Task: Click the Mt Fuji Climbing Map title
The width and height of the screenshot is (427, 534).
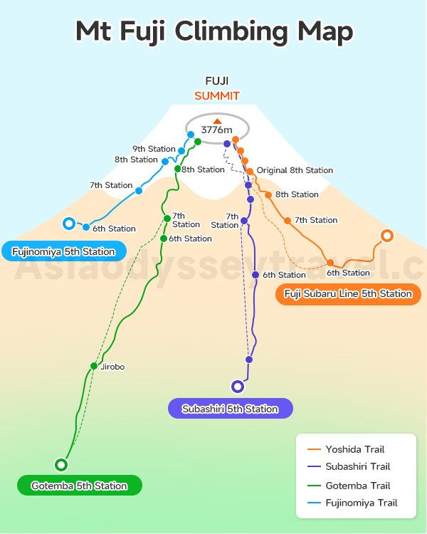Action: click(213, 32)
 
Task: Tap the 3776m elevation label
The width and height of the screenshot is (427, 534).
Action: click(217, 130)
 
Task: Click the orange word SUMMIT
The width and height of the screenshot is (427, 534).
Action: click(217, 95)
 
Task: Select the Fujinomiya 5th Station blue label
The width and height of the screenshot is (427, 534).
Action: click(63, 251)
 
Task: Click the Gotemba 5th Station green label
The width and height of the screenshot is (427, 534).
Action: click(79, 486)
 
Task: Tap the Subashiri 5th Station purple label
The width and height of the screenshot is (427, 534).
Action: click(230, 409)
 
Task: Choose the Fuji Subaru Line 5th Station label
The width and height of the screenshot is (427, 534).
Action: click(348, 293)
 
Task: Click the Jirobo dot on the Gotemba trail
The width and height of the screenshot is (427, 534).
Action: click(93, 366)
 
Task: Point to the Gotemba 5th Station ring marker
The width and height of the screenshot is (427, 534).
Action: click(61, 464)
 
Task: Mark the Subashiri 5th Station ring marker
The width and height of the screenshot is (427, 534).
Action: click(238, 387)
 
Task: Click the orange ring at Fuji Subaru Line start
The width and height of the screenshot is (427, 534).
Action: click(387, 236)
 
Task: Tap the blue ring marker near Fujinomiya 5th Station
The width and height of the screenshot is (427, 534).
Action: click(68, 224)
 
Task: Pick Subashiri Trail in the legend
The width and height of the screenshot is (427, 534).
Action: click(357, 467)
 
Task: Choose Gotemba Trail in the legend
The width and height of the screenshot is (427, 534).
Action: click(357, 486)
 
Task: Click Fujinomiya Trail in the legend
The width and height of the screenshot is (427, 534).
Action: click(361, 503)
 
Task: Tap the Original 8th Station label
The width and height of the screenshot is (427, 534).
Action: click(295, 170)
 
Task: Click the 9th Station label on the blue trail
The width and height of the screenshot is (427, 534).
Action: click(154, 149)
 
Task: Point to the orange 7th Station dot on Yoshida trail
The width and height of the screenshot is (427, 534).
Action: click(288, 221)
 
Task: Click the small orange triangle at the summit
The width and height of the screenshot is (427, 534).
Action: click(217, 121)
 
